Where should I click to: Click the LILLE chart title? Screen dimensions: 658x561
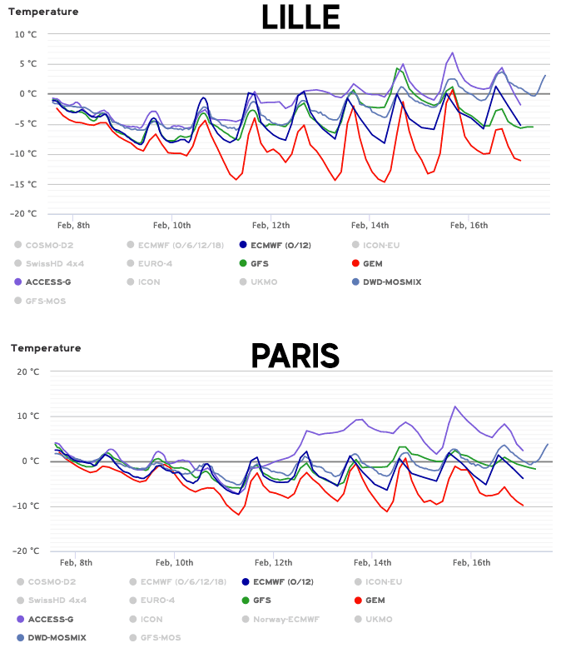[299, 17]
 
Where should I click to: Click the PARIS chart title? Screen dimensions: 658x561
[295, 356]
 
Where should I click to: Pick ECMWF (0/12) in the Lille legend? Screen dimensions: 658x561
[280, 245]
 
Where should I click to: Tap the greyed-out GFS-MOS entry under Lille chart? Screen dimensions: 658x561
[45, 301]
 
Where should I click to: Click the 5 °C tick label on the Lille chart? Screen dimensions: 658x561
[27, 63]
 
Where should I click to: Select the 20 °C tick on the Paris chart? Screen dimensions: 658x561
[27, 371]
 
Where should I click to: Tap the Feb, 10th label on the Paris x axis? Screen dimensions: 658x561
[174, 562]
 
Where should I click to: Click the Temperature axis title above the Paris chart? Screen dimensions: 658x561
[45, 348]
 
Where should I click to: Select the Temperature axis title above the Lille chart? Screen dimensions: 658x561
[45, 12]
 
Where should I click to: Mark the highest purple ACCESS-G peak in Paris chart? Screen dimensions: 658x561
[455, 406]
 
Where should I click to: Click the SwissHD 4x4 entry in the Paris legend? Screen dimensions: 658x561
[56, 600]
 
